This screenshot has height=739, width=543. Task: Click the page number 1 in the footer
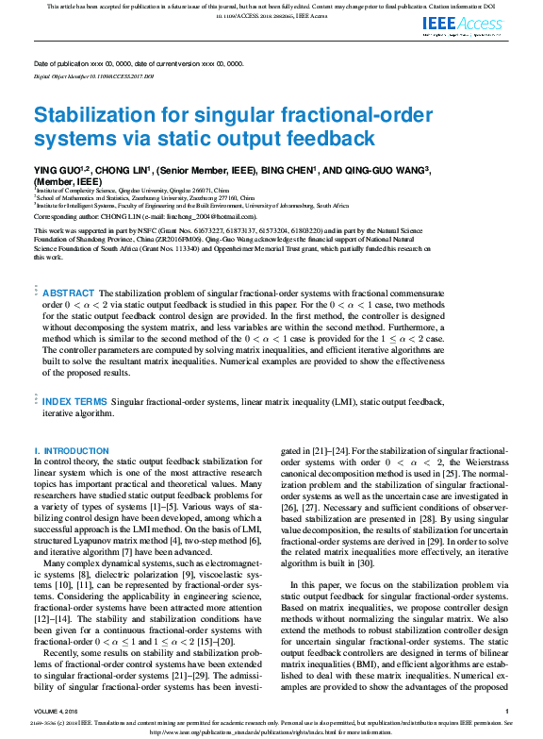[507, 711]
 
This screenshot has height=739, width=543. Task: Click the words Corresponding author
[65, 216]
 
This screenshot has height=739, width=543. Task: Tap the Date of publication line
[138, 63]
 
